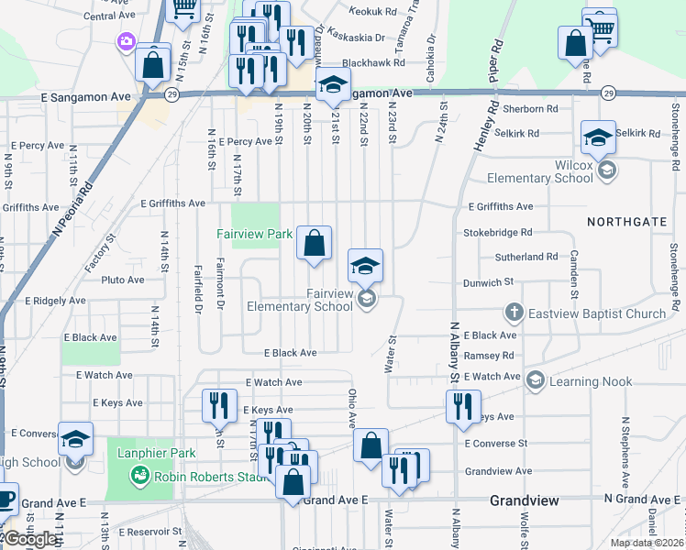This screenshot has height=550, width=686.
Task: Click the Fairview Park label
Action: pyautogui.click(x=254, y=234)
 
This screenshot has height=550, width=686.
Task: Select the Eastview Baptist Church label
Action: pyautogui.click(x=600, y=314)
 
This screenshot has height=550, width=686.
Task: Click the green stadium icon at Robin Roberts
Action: pyautogui.click(x=139, y=475)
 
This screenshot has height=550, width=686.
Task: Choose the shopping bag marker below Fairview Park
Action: pyautogui.click(x=314, y=244)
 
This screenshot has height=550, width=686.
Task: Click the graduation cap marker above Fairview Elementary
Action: pyautogui.click(x=365, y=267)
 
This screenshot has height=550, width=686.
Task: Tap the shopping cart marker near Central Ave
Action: pyautogui.click(x=184, y=7)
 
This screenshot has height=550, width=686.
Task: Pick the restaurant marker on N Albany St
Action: pyautogui.click(x=463, y=405)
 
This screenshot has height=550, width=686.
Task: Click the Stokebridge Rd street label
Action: pyautogui.click(x=498, y=233)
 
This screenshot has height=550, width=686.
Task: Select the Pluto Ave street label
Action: pyautogui.click(x=123, y=280)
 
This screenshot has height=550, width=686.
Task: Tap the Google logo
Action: pyautogui.click(x=30, y=540)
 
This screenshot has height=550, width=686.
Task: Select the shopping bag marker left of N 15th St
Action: pyautogui.click(x=153, y=64)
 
